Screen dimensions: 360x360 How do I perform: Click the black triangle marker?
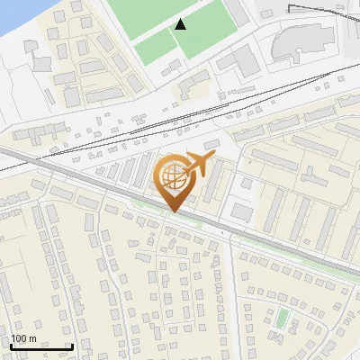pos(181,24)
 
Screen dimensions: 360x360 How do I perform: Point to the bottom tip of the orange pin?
pos(172,211)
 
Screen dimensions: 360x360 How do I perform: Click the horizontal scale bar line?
pos(40,346)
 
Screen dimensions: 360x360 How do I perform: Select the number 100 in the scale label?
pos(19,338)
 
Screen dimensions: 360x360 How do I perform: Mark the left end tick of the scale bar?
pos(10,345)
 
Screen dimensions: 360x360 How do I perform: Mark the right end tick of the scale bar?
pos(72,345)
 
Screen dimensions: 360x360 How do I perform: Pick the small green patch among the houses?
pos(283,318)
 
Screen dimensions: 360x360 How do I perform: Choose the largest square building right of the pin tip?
pos(242,211)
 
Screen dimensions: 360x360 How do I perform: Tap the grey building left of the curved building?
pos(242,60)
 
